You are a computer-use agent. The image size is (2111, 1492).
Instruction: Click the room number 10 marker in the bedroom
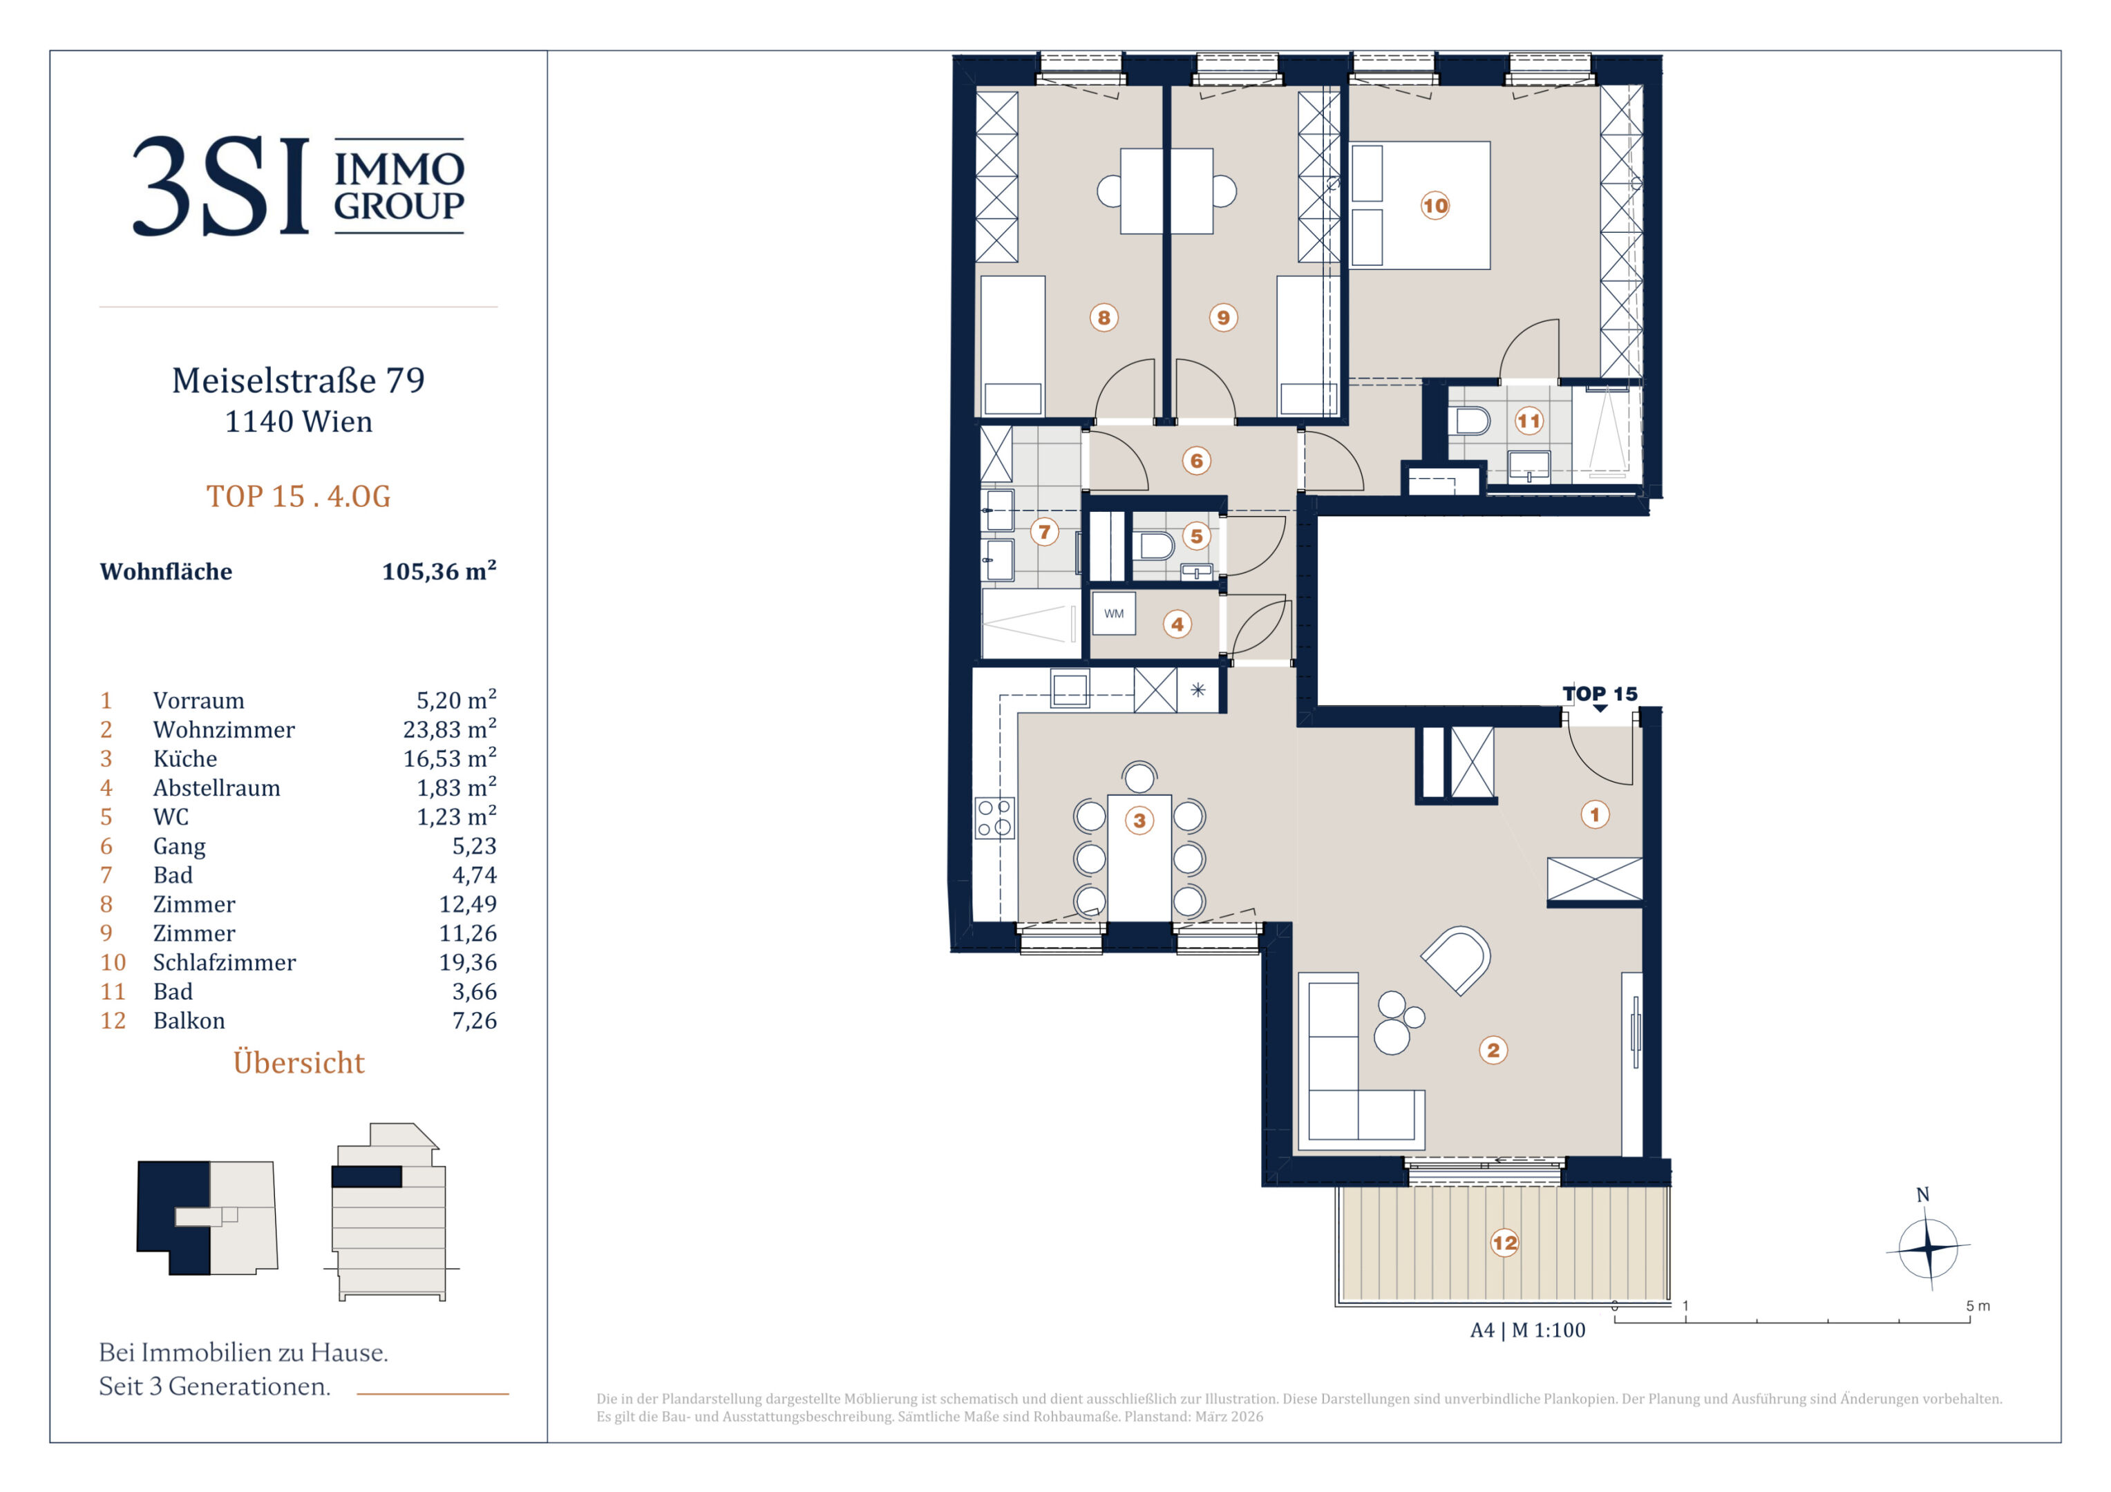pos(1435,205)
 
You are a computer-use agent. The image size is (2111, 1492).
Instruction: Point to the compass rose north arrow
pos(1928,1247)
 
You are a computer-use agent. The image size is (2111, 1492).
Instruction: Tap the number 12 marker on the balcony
pos(1504,1243)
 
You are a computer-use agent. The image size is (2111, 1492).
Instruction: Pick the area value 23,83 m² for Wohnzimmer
pos(450,729)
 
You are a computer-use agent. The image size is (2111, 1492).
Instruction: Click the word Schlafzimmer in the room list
pos(225,962)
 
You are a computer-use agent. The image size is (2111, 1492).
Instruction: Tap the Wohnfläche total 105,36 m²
pos(439,571)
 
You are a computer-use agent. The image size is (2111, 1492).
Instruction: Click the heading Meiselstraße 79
pos(299,381)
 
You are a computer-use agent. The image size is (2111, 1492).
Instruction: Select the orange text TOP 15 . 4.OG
pos(299,497)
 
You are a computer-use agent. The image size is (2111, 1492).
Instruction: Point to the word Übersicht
pos(299,1062)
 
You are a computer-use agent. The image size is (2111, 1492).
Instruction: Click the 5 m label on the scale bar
pos(1978,1306)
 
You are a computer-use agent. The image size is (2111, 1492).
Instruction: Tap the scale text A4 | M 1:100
pos(1528,1330)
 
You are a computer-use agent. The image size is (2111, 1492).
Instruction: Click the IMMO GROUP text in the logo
pos(399,186)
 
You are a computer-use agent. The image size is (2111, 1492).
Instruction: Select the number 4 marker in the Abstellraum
pos(1177,624)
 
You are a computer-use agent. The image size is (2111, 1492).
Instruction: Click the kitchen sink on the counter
pos(1070,689)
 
